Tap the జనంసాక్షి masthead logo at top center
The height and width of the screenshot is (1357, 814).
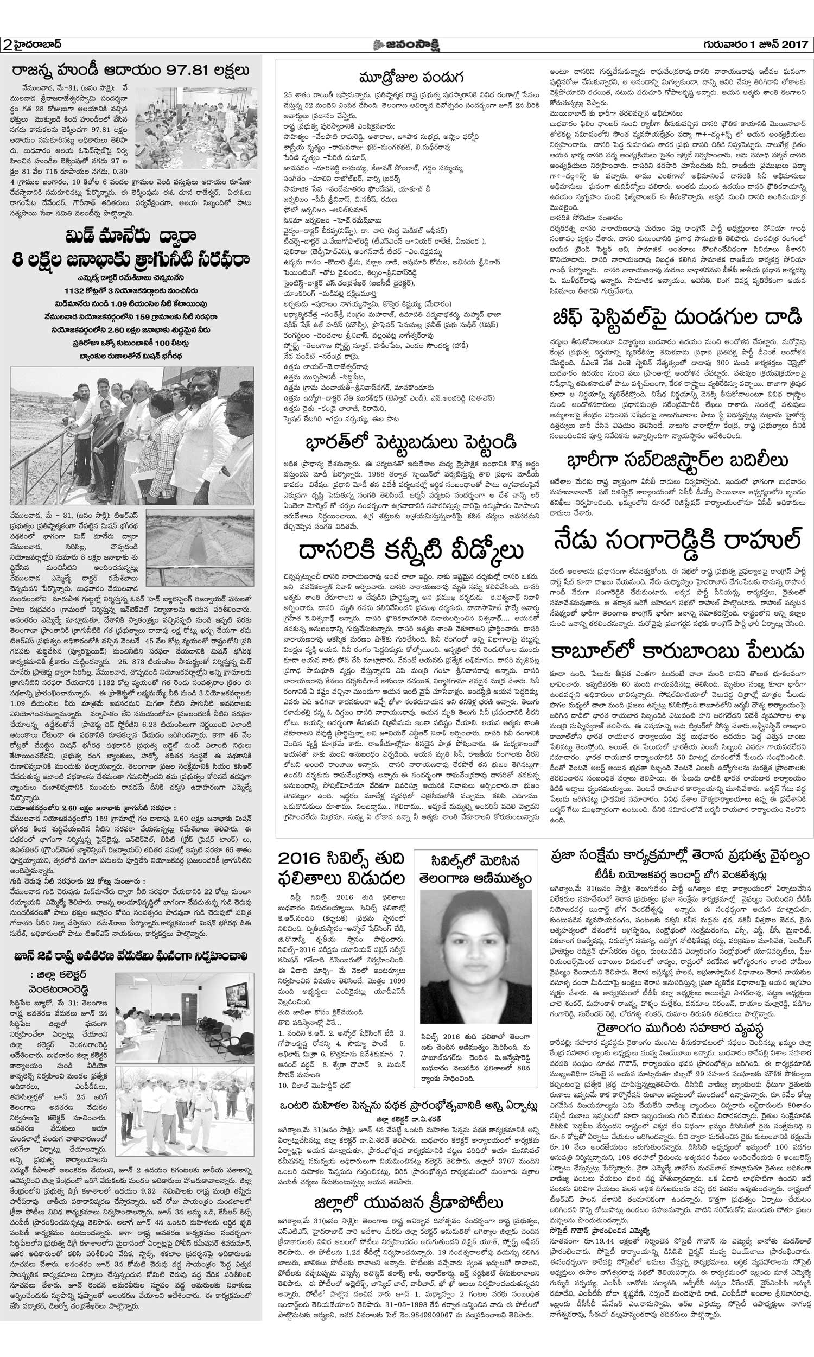coord(407,45)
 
